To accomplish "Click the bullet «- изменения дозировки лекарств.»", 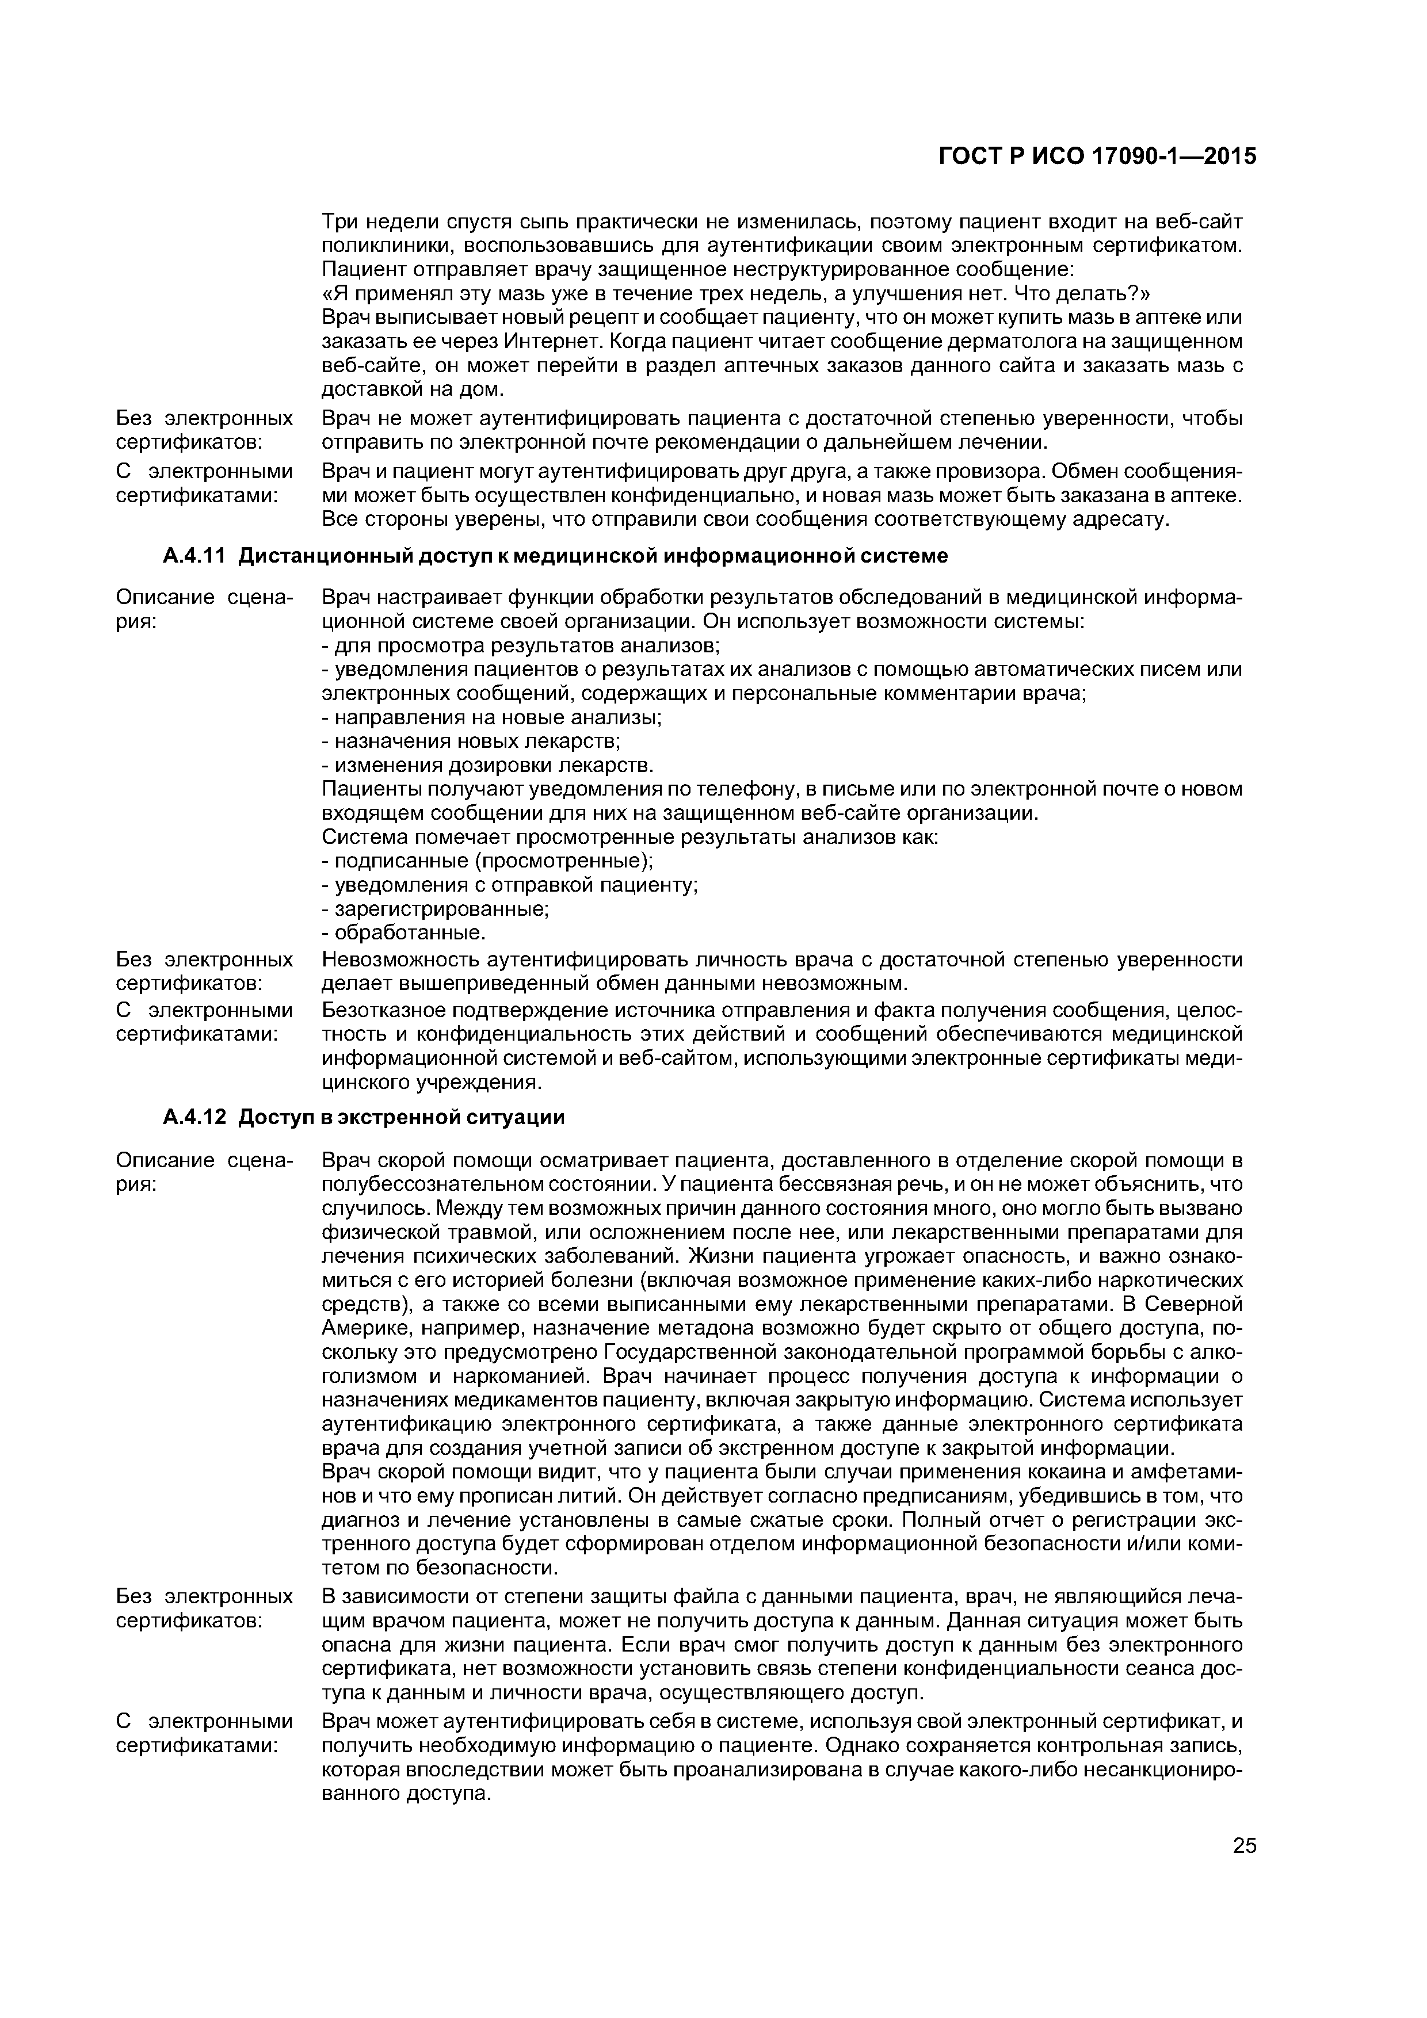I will pyautogui.click(x=487, y=765).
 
